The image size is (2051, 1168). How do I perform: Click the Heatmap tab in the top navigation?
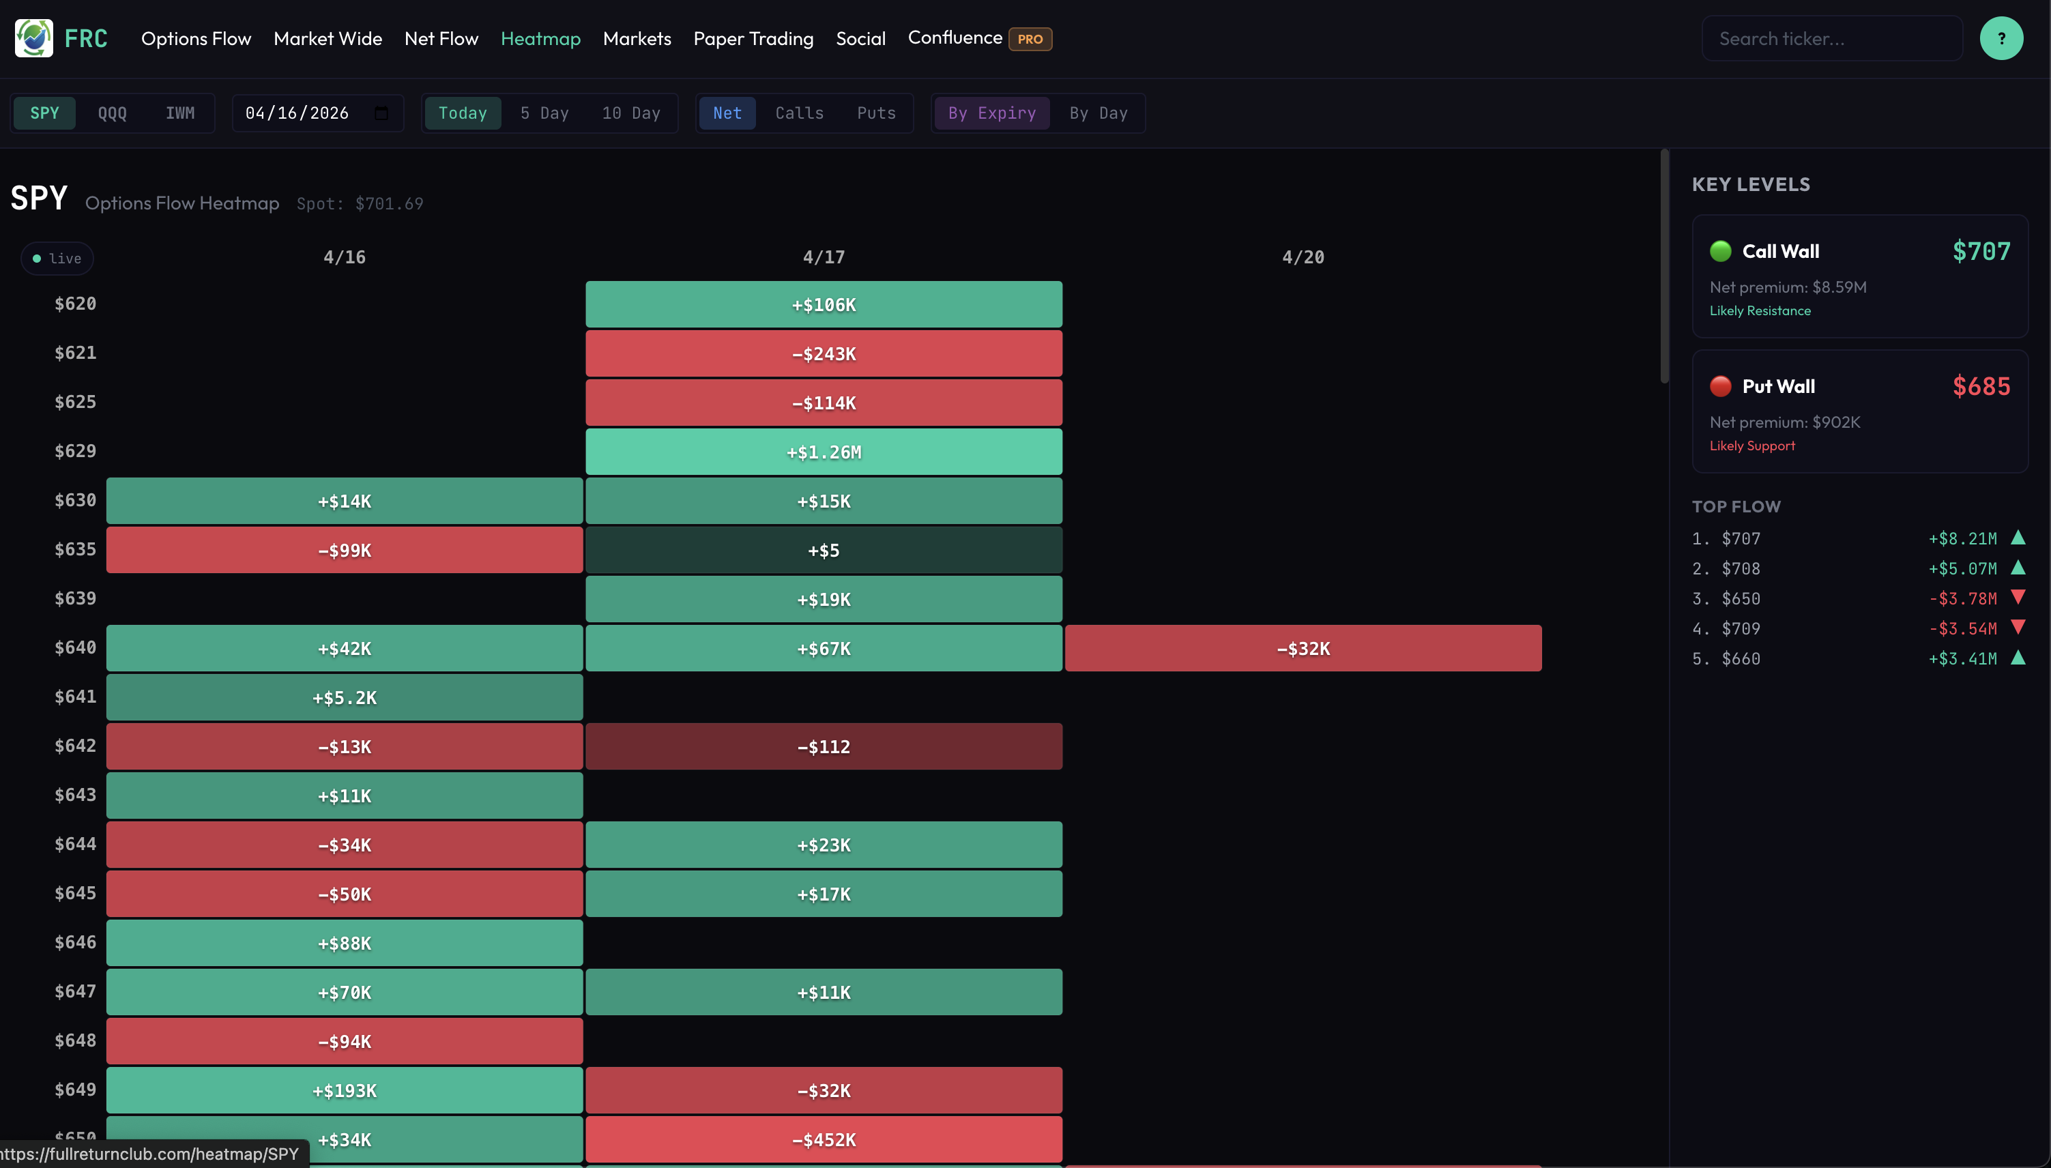[x=540, y=38]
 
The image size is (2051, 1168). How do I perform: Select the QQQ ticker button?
[x=113, y=113]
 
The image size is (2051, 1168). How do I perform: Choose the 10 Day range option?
[x=630, y=113]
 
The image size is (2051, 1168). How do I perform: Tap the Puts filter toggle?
[x=876, y=113]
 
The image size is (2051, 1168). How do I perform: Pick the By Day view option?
[x=1097, y=113]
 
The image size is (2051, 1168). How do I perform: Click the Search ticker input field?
[x=1831, y=38]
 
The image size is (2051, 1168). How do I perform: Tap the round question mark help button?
[x=2001, y=38]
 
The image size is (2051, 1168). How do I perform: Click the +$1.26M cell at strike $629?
[x=824, y=452]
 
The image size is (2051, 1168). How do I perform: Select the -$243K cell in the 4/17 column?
[x=824, y=354]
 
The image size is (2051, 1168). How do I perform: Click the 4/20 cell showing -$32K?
[x=1303, y=648]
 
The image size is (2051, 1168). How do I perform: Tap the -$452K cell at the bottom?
[x=824, y=1139]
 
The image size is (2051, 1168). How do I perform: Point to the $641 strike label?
[x=76, y=697]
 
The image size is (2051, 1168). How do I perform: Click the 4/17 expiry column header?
[x=824, y=257]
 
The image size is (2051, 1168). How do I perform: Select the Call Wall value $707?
[x=1981, y=252]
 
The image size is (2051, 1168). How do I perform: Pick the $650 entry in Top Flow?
[x=1741, y=598]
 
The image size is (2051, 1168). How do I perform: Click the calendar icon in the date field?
[x=382, y=113]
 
